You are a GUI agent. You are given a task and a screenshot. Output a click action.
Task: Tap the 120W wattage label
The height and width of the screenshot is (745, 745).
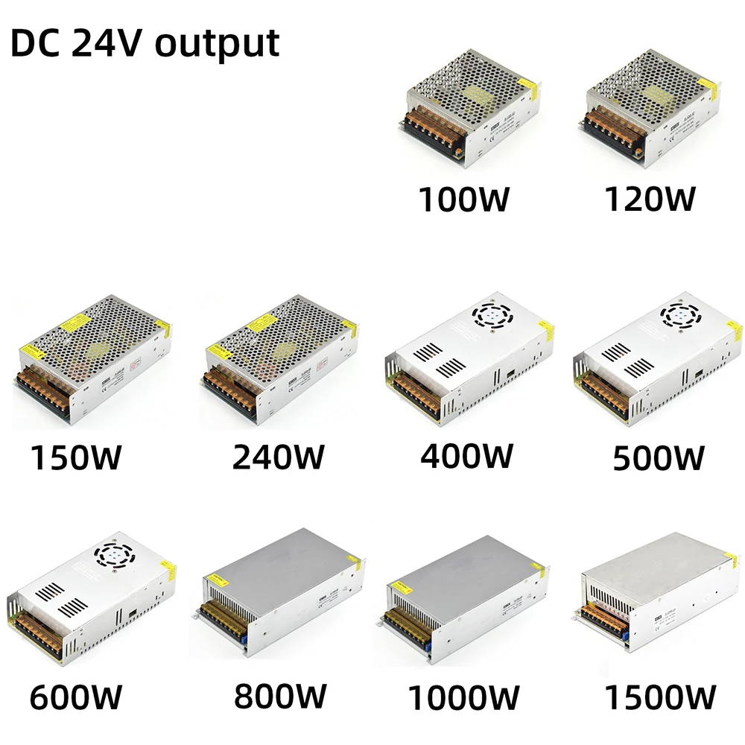point(650,199)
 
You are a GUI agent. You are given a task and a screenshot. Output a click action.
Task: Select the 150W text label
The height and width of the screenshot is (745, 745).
point(75,457)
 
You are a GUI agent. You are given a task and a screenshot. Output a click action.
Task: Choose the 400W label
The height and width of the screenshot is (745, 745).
point(467,455)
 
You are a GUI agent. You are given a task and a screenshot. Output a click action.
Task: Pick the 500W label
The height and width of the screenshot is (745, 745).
point(658,457)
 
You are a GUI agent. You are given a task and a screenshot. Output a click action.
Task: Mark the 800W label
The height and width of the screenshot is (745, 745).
point(279,697)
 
